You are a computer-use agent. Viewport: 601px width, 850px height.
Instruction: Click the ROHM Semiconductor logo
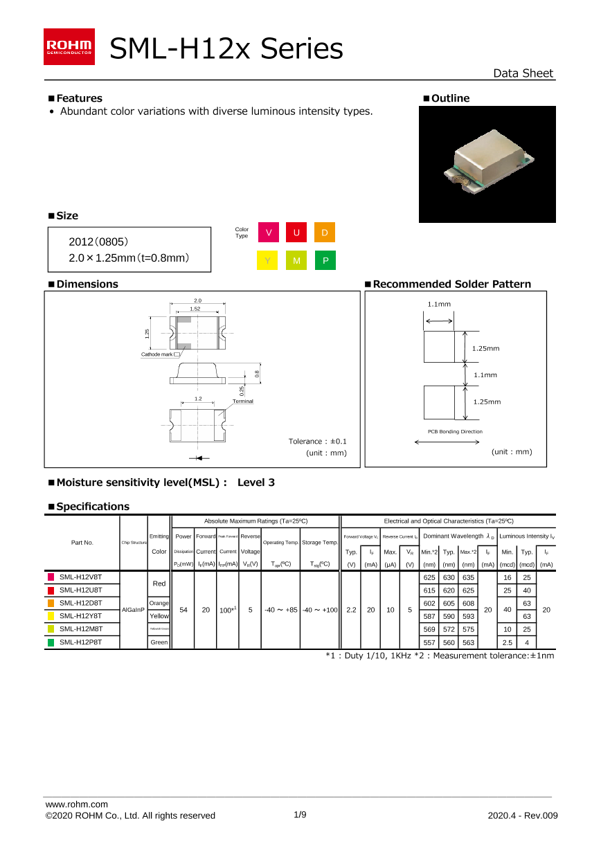(x=69, y=47)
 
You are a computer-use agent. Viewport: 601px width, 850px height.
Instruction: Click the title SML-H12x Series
(x=226, y=49)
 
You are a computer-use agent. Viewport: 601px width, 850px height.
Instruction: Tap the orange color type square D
(x=324, y=233)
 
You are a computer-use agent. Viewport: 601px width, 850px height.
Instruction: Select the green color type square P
(x=324, y=261)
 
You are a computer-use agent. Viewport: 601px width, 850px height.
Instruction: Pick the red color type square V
(x=268, y=233)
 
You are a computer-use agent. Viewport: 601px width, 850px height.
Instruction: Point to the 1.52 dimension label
(x=195, y=309)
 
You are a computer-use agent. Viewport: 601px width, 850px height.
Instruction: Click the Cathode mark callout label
(x=157, y=354)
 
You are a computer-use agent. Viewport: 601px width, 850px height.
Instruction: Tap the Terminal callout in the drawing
(x=242, y=401)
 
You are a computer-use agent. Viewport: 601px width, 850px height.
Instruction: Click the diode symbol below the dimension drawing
(x=199, y=458)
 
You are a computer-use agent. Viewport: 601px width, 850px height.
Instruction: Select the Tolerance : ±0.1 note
(x=317, y=441)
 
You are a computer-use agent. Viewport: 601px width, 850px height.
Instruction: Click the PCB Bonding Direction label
(x=455, y=431)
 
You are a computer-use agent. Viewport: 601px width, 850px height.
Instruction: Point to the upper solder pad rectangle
(x=439, y=346)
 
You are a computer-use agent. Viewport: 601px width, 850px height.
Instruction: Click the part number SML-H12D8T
(x=80, y=603)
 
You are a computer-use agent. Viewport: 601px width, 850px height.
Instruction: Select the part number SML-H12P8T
(x=80, y=642)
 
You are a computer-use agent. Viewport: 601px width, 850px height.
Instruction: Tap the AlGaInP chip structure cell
(x=133, y=610)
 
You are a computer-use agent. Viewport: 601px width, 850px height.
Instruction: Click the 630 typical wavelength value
(x=449, y=577)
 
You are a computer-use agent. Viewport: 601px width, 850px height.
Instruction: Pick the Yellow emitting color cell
(x=159, y=616)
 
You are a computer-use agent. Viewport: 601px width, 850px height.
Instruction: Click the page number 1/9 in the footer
(x=300, y=815)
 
